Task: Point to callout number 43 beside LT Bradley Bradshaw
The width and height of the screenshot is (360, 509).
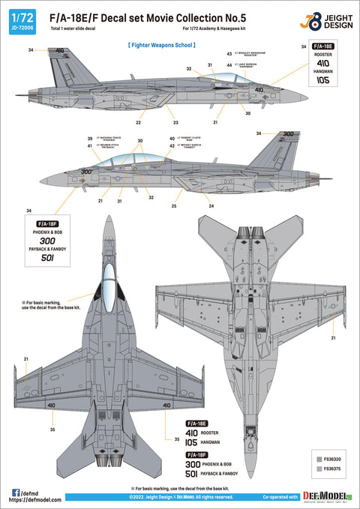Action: pos(229,55)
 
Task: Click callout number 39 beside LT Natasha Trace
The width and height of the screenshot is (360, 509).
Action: pos(89,139)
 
